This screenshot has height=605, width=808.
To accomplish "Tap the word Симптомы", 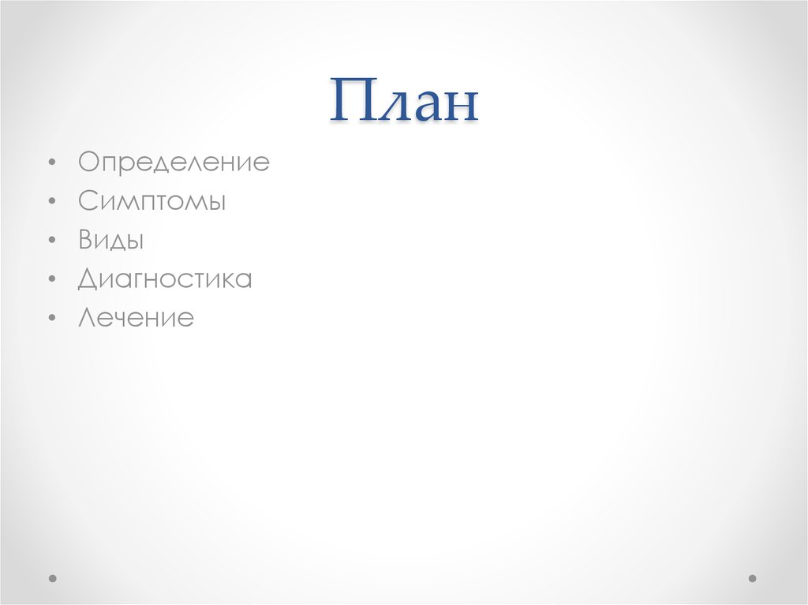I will (152, 202).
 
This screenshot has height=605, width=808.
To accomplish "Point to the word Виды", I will (110, 241).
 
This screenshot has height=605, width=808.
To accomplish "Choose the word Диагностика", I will (165, 279).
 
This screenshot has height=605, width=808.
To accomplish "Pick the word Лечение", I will (136, 318).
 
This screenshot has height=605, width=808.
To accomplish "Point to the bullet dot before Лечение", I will (51, 319).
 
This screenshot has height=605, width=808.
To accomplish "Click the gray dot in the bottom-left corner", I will (54, 578).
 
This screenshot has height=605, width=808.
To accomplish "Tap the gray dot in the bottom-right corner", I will (752, 578).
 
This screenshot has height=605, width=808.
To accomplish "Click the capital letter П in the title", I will (350, 101).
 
